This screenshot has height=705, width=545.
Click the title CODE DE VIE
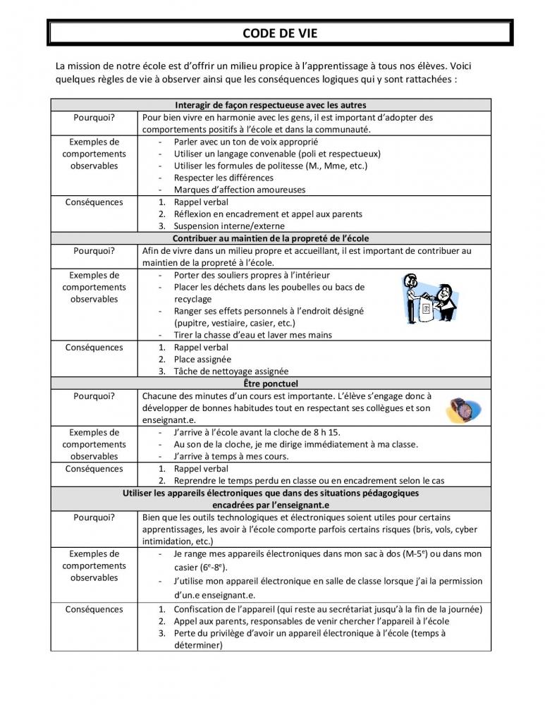tap(279, 33)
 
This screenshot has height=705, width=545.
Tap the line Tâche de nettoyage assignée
tap(231, 372)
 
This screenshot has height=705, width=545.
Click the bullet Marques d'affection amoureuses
tap(240, 190)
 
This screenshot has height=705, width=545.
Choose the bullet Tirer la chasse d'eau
tap(252, 335)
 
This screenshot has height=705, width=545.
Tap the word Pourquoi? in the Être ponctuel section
tap(94, 396)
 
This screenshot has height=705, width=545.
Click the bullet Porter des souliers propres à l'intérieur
tap(252, 275)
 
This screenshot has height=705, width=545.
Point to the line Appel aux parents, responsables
tap(311, 621)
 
